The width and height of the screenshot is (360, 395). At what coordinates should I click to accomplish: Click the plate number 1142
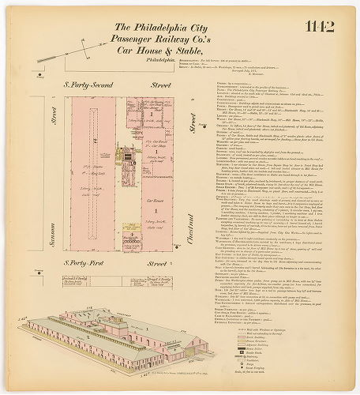tap(319, 27)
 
